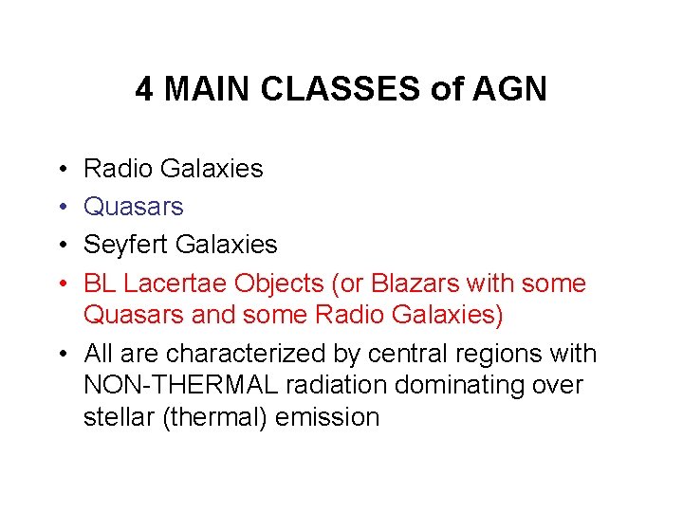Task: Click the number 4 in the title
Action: tap(144, 89)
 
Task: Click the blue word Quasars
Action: tap(134, 207)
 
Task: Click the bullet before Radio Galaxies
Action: tap(61, 170)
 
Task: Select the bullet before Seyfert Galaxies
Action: tap(61, 246)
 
